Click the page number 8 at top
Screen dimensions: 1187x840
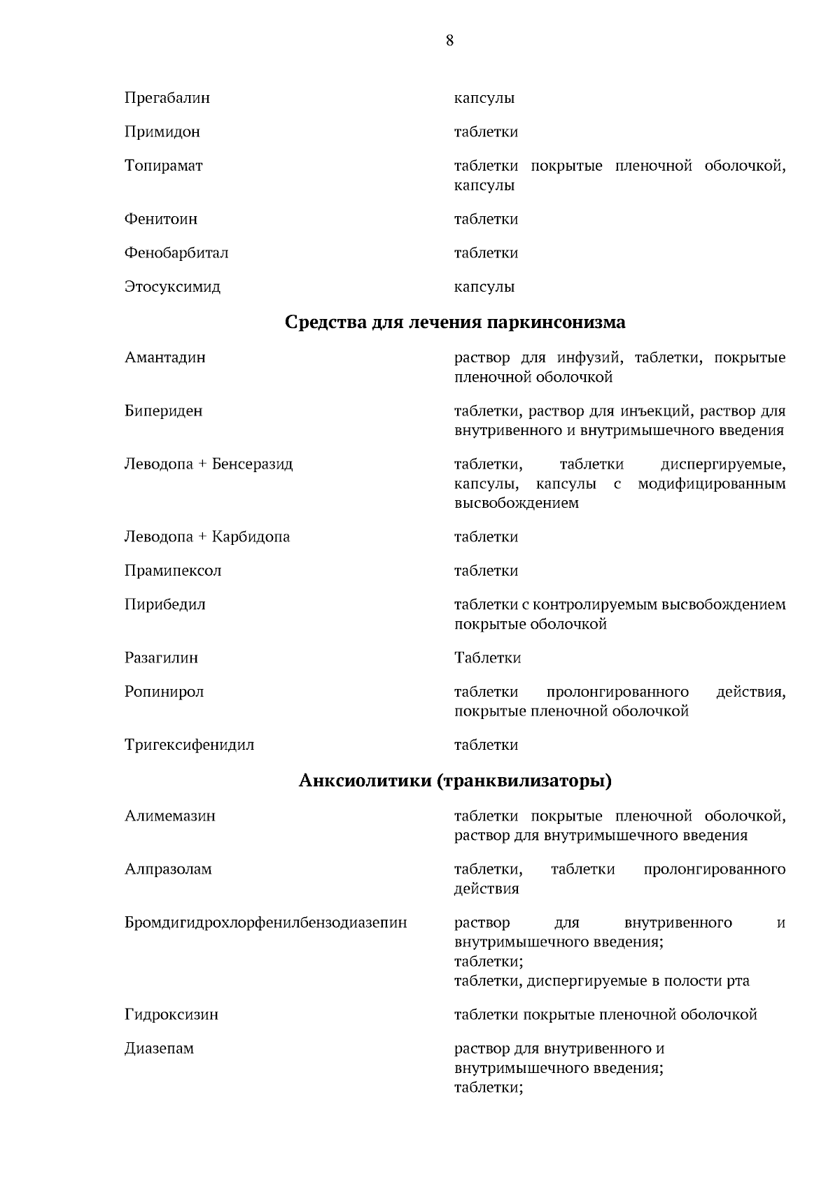click(x=449, y=41)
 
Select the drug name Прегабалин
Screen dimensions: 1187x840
click(x=167, y=98)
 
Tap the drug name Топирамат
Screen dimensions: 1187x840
click(x=163, y=166)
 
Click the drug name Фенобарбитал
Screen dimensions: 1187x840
click(x=176, y=253)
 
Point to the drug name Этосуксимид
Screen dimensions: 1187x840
click(x=172, y=287)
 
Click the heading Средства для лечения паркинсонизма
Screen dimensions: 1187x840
click(x=455, y=322)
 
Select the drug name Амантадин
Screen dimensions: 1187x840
click(x=164, y=357)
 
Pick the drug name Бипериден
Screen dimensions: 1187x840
click(x=163, y=411)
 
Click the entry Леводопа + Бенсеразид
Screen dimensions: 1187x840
click(x=208, y=464)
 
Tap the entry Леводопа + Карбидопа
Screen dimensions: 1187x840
click(x=206, y=537)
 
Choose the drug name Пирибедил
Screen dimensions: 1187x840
click(x=164, y=604)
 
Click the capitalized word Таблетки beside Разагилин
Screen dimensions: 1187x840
click(x=487, y=658)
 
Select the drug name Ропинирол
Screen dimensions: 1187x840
click(x=164, y=692)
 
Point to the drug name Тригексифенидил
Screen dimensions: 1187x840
click(x=189, y=745)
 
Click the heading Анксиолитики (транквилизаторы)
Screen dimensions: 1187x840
click(x=455, y=781)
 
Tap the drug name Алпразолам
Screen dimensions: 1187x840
click(x=168, y=869)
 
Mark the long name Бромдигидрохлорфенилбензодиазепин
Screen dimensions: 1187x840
click(x=265, y=923)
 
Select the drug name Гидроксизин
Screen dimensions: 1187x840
click(x=171, y=1014)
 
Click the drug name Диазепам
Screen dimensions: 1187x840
click(x=159, y=1049)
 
